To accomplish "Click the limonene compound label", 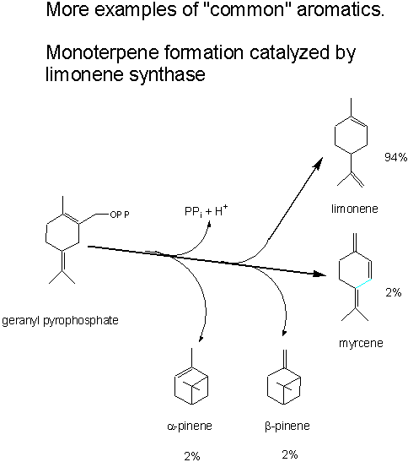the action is click(354, 209).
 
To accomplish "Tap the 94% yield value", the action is click(395, 157).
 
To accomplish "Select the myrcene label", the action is click(361, 343).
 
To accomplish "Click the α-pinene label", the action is click(190, 426).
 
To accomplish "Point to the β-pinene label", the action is click(287, 426).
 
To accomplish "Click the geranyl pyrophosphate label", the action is click(60, 320).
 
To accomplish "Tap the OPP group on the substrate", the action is click(120, 215).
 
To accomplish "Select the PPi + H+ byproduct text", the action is click(207, 211).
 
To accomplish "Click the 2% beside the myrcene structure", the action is click(394, 292).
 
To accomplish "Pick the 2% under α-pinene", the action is click(192, 456).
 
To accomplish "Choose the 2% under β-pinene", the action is click(290, 454).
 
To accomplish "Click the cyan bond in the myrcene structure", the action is click(363, 283).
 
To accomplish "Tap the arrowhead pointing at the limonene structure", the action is click(319, 162).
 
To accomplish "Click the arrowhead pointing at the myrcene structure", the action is click(320, 274).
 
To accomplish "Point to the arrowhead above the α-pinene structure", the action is click(201, 338).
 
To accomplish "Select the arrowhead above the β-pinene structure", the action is click(284, 333).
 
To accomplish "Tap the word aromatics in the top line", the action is click(341, 10).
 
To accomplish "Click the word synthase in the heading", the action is click(167, 74).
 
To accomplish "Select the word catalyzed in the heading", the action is click(289, 52).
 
